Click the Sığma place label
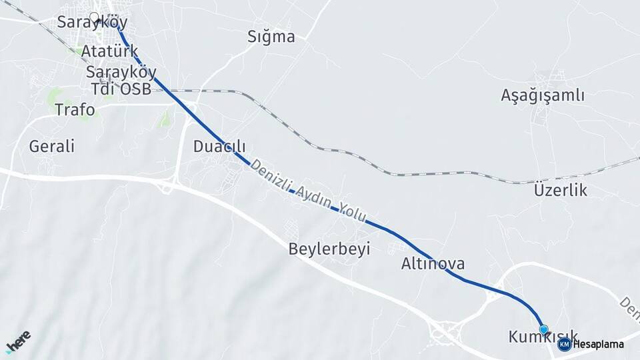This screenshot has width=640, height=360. coord(271,37)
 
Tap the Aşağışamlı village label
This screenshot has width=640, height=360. coord(543,95)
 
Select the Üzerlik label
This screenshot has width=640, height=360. coord(560,191)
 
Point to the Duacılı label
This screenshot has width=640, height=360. coord(219,146)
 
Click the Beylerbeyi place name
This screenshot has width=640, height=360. coord(329,249)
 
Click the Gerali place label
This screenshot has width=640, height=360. coord(51,146)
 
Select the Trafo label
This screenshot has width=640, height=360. coord(75,109)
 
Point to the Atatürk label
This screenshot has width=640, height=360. coord(109,51)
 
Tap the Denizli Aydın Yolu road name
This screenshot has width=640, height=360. coord(308,193)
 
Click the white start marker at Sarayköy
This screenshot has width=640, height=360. coord(94,18)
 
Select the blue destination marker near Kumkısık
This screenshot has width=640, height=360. coord(544,330)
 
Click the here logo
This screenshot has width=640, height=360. coord(18,341)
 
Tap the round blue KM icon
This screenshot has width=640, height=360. coord(564,344)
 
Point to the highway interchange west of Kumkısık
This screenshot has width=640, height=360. coord(445,331)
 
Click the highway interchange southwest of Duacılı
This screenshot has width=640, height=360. coord(166,185)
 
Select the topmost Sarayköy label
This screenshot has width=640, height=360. coord(92,22)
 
